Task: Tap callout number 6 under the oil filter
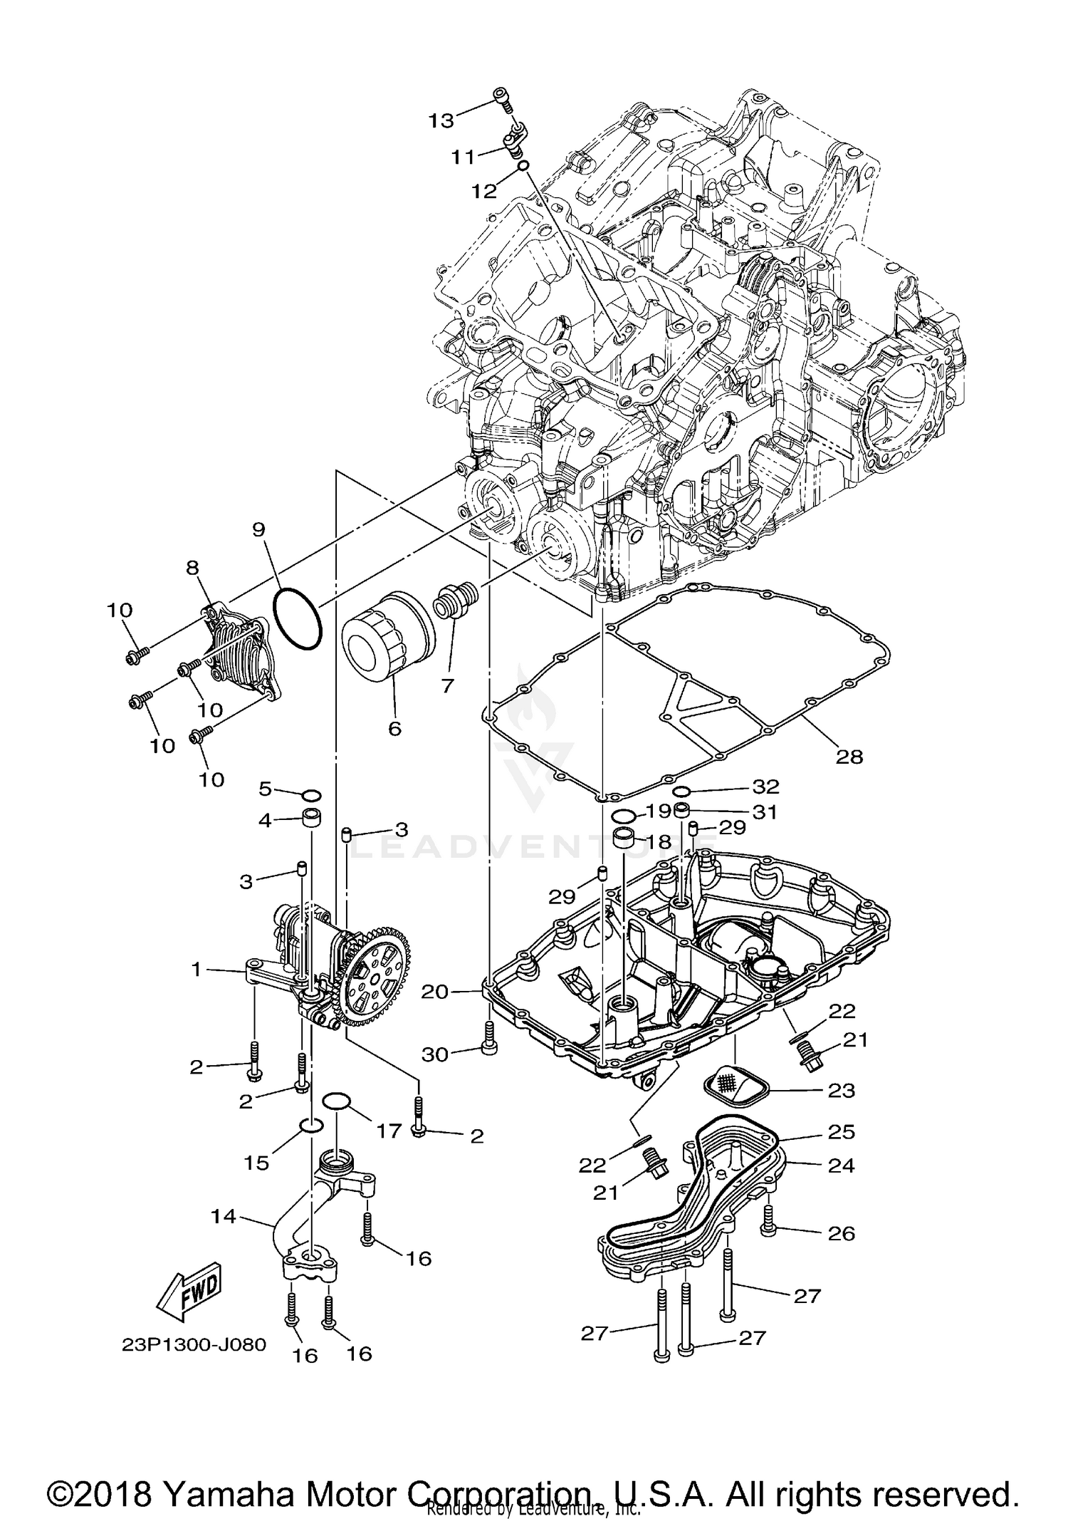(x=394, y=728)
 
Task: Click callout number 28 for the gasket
(x=849, y=756)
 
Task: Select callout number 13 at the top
(x=441, y=120)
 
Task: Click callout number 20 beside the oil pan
(x=434, y=991)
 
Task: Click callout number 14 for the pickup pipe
(x=224, y=1216)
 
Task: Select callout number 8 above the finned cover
(x=192, y=567)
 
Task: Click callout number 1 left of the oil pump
(x=195, y=969)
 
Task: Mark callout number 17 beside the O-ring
(x=389, y=1131)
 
